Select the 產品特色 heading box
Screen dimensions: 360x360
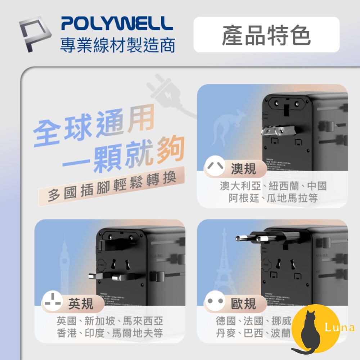click(266, 35)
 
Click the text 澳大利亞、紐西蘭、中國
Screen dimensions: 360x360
click(273, 186)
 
